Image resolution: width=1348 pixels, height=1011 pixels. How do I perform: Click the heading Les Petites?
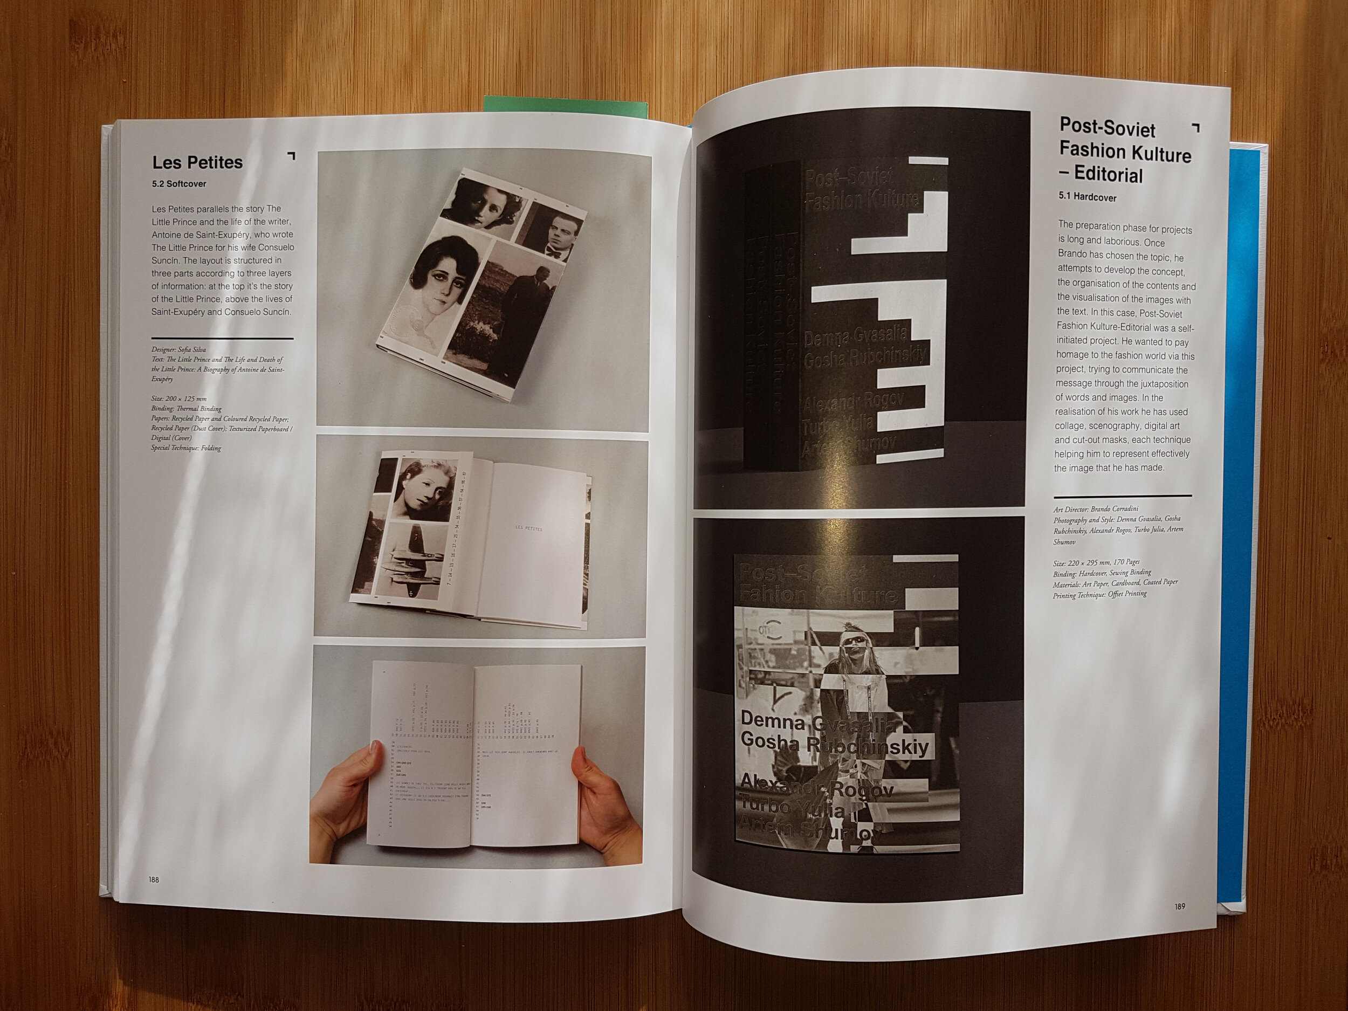coord(197,163)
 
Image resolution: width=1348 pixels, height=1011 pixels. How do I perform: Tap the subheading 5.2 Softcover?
coord(179,183)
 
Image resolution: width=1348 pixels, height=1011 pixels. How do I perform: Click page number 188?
coord(153,879)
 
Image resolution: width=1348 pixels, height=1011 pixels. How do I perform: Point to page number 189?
coord(1180,906)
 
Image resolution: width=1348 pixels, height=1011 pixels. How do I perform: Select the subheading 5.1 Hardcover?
coord(1088,197)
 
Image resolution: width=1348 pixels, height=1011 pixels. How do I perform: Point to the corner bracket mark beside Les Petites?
coord(291,156)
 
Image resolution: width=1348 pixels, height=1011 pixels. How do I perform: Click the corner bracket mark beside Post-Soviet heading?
coord(1195,127)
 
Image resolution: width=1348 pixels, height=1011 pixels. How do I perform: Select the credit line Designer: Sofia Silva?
coord(178,350)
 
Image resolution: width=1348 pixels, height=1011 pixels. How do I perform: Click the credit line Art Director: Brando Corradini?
coord(1096,509)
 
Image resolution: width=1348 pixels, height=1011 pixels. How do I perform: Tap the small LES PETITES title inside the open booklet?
coord(528,529)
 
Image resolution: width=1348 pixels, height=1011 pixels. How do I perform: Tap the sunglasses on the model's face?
coord(854,639)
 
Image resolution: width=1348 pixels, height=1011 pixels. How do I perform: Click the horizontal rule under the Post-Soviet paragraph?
coord(1122,496)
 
